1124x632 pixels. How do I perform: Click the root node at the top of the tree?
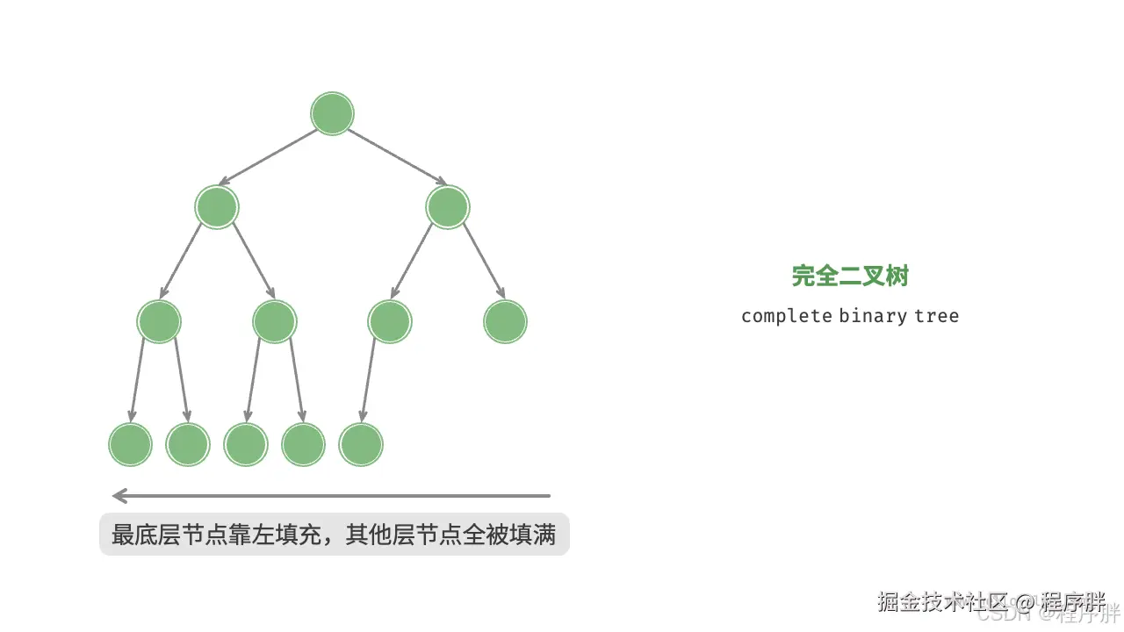point(332,114)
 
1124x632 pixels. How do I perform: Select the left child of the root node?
point(217,207)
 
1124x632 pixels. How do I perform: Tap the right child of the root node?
point(448,207)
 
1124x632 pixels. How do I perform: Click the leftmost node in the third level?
point(159,321)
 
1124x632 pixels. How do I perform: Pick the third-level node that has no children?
point(505,321)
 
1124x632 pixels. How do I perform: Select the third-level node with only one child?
point(390,321)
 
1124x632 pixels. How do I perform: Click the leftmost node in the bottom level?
point(130,444)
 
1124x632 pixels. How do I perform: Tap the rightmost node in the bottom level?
point(361,444)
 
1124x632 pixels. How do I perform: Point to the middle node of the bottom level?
point(246,444)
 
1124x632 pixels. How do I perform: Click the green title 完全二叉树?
point(849,276)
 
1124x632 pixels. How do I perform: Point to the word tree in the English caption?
point(936,316)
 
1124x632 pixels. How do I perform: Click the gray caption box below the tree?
point(334,534)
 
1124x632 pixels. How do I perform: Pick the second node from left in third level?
point(275,321)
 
